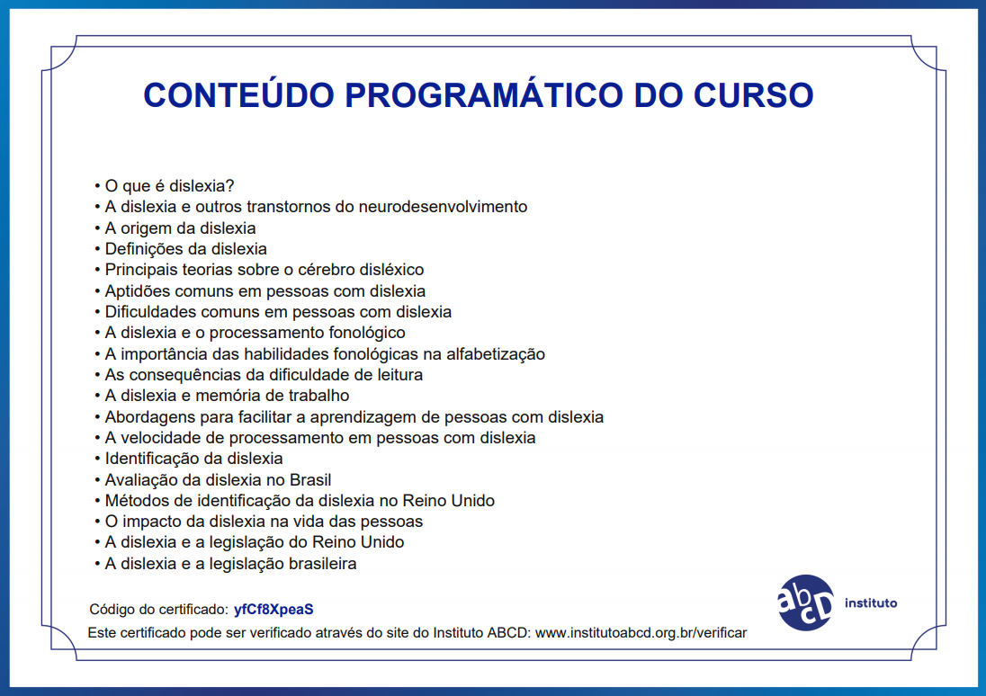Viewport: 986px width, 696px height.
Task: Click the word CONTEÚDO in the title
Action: coord(239,94)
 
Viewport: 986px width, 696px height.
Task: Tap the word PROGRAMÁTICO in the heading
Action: coord(484,94)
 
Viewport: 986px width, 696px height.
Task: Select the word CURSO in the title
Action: coord(754,95)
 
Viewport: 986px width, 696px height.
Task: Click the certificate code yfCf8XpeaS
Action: coord(273,610)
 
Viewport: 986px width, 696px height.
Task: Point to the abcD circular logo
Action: coord(805,602)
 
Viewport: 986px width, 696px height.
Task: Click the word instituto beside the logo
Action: coord(871,603)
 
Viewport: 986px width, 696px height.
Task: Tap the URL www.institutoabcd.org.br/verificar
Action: coord(641,632)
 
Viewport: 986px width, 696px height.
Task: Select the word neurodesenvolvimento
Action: coord(443,207)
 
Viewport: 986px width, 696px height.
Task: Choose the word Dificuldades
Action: coord(149,312)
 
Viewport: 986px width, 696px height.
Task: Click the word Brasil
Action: coord(310,479)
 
